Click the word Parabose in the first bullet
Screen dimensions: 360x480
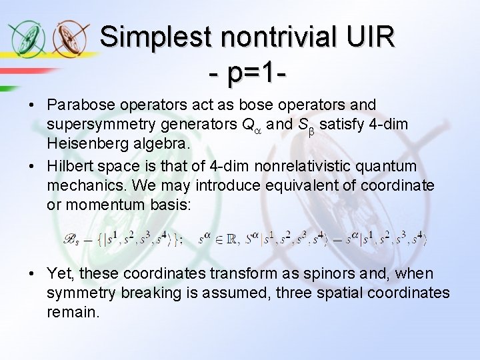click(x=77, y=105)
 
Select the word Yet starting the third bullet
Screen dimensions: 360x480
click(x=59, y=273)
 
